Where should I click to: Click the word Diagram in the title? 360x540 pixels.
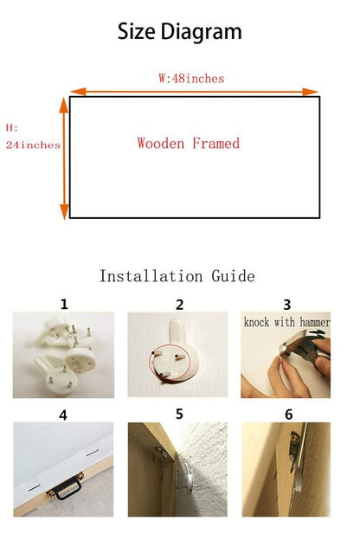[201, 32]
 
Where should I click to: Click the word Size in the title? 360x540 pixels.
[137, 31]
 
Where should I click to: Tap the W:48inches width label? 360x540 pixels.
[191, 79]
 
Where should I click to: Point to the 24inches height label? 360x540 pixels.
[33, 145]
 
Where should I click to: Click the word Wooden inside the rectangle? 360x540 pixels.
[161, 143]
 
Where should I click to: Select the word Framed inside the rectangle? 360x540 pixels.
[215, 143]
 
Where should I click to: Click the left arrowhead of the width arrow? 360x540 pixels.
[78, 92]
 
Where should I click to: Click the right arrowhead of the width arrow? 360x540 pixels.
[310, 92]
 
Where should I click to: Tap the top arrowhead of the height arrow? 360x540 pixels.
[64, 105]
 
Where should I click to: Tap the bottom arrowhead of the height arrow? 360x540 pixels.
[64, 212]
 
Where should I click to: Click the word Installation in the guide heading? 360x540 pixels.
[151, 276]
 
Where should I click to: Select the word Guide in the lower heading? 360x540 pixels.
[233, 276]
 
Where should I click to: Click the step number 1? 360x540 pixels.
[64, 305]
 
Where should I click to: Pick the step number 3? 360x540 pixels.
[287, 305]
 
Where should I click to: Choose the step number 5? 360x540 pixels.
[179, 415]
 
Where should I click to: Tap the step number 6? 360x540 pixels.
[289, 415]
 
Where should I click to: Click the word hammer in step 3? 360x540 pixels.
[315, 322]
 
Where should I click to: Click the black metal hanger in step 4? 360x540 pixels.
[66, 486]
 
